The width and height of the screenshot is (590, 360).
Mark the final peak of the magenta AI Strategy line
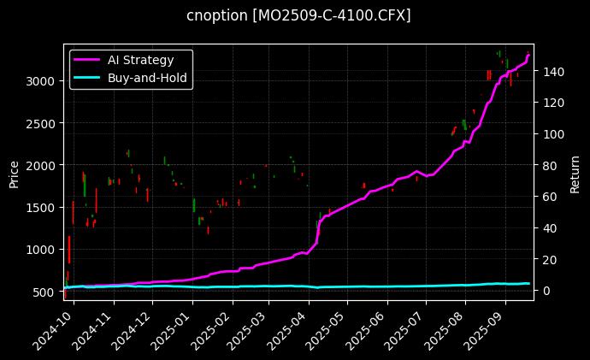[x=528, y=55]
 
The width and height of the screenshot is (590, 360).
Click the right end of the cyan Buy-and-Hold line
[x=529, y=283]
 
